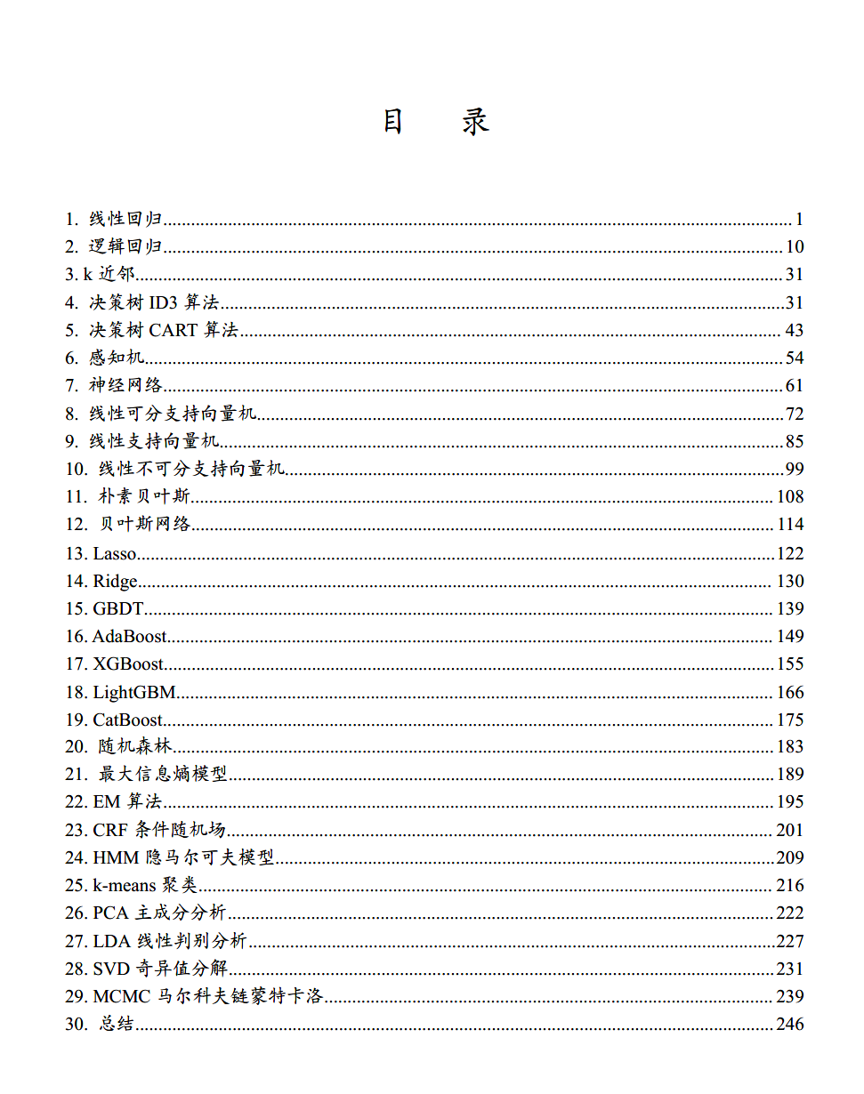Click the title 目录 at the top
point(436,121)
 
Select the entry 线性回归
point(125,220)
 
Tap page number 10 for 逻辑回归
point(794,247)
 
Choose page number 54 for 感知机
point(794,358)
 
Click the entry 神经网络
point(125,386)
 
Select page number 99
point(794,469)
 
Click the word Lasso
point(115,554)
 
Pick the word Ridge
point(116,582)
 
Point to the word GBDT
point(118,609)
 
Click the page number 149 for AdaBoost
point(789,637)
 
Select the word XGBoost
point(128,664)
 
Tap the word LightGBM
point(134,693)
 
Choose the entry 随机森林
point(134,747)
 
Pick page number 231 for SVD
point(789,969)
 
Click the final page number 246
point(789,1025)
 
